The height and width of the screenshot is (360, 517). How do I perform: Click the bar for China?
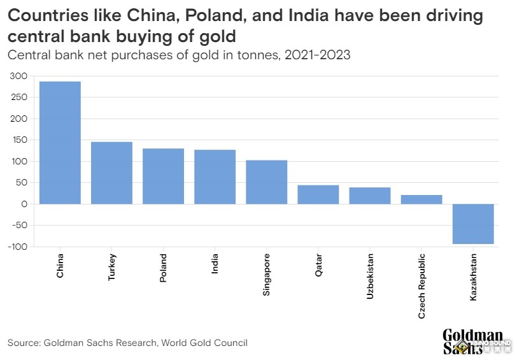pyautogui.click(x=60, y=143)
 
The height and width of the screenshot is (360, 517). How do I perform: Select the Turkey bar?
pyautogui.click(x=111, y=173)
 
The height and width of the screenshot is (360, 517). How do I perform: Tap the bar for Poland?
pyautogui.click(x=163, y=176)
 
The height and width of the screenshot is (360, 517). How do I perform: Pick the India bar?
pyautogui.click(x=215, y=176)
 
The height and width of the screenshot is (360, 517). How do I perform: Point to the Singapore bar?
pyautogui.click(x=266, y=182)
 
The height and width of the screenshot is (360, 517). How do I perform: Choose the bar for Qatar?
pyautogui.click(x=318, y=194)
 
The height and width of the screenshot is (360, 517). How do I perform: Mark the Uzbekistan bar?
pyautogui.click(x=369, y=196)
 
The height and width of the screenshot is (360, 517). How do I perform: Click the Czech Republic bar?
pyautogui.click(x=421, y=199)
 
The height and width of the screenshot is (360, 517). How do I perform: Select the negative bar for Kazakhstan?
pyautogui.click(x=473, y=224)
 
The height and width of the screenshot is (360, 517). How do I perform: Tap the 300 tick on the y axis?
pyautogui.click(x=19, y=76)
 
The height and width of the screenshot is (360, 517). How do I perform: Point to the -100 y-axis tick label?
pyautogui.click(x=17, y=247)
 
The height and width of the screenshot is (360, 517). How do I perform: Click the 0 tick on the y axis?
pyautogui.click(x=24, y=204)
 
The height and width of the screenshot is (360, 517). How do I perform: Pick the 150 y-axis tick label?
pyautogui.click(x=19, y=140)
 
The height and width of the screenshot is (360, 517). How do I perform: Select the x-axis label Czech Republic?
pyautogui.click(x=421, y=285)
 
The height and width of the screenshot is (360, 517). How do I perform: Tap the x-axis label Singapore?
pyautogui.click(x=266, y=275)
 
